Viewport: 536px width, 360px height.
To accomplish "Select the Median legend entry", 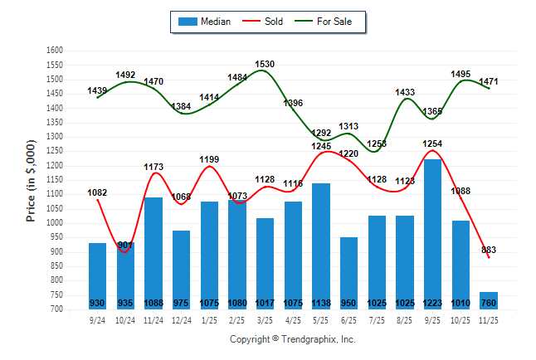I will point(206,22).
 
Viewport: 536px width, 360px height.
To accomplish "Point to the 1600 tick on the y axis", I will point(55,51).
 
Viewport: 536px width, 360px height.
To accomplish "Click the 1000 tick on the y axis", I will point(55,223).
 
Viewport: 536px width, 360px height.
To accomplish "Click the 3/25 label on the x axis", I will point(265,319).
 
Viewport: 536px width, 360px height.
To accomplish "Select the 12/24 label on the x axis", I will point(182,319).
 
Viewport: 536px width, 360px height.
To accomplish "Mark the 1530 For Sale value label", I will point(265,64).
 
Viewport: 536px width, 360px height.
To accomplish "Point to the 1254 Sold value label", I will point(432,144).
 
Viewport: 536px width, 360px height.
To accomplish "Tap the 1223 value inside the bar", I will point(432,303).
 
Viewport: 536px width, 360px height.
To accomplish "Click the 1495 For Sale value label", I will point(460,74).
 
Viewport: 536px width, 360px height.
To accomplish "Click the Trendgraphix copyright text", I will point(292,339).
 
